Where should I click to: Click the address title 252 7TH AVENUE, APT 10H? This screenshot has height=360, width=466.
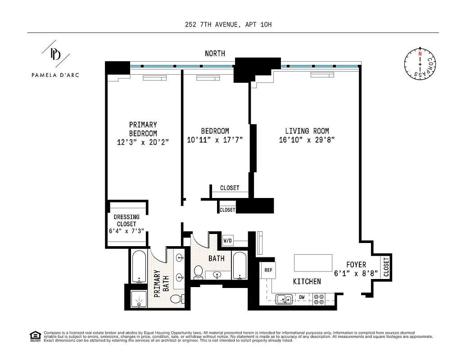pyautogui.click(x=228, y=24)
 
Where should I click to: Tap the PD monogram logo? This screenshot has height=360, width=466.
pyautogui.click(x=56, y=54)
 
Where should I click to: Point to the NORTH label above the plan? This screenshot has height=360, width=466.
pyautogui.click(x=215, y=54)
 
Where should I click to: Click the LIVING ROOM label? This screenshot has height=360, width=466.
pyautogui.click(x=307, y=131)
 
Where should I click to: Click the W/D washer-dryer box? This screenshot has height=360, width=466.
pyautogui.click(x=228, y=241)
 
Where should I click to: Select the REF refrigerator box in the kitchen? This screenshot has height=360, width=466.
pyautogui.click(x=268, y=270)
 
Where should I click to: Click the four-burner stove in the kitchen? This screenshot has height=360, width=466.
pyautogui.click(x=319, y=299)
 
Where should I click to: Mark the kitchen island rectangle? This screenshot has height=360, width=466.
pyautogui.click(x=313, y=262)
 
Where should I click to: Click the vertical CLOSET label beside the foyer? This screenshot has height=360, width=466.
pyautogui.click(x=386, y=267)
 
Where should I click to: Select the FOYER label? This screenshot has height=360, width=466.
pyautogui.click(x=356, y=265)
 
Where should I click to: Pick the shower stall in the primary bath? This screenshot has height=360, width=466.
pyautogui.click(x=139, y=299)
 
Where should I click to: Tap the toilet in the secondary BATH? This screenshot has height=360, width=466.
pyautogui.click(x=198, y=271)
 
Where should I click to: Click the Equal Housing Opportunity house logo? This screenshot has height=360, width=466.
pyautogui.click(x=34, y=335)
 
